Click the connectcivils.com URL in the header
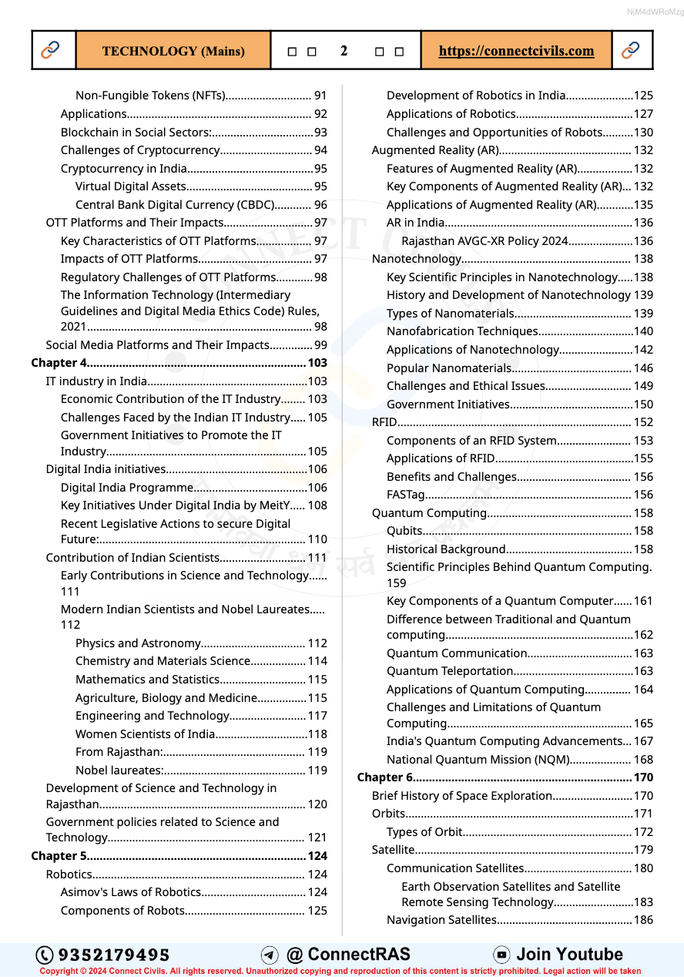[x=516, y=51]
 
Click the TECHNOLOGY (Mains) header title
[x=173, y=51]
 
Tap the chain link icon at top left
[x=51, y=51]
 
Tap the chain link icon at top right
[x=630, y=51]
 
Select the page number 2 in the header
[x=344, y=51]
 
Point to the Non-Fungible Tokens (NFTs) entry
[x=150, y=96]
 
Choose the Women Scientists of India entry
[x=146, y=734]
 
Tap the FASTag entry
[x=406, y=495]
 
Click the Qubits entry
[x=404, y=531]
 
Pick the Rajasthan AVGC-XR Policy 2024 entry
[x=484, y=241]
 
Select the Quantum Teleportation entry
[x=450, y=671]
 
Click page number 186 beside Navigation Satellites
[x=643, y=920]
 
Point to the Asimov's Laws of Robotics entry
[x=131, y=892]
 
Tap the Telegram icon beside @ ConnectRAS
[x=270, y=955]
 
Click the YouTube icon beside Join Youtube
[x=501, y=955]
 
